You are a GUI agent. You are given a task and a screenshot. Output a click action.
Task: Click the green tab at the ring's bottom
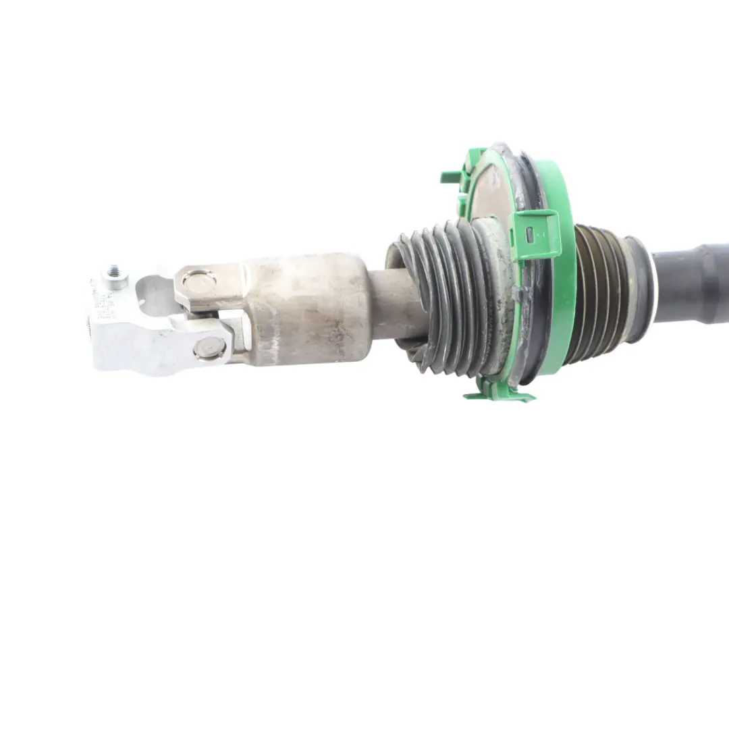pyautogui.click(x=500, y=394)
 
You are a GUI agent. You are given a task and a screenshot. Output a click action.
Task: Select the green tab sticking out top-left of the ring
pyautogui.click(x=451, y=176)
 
